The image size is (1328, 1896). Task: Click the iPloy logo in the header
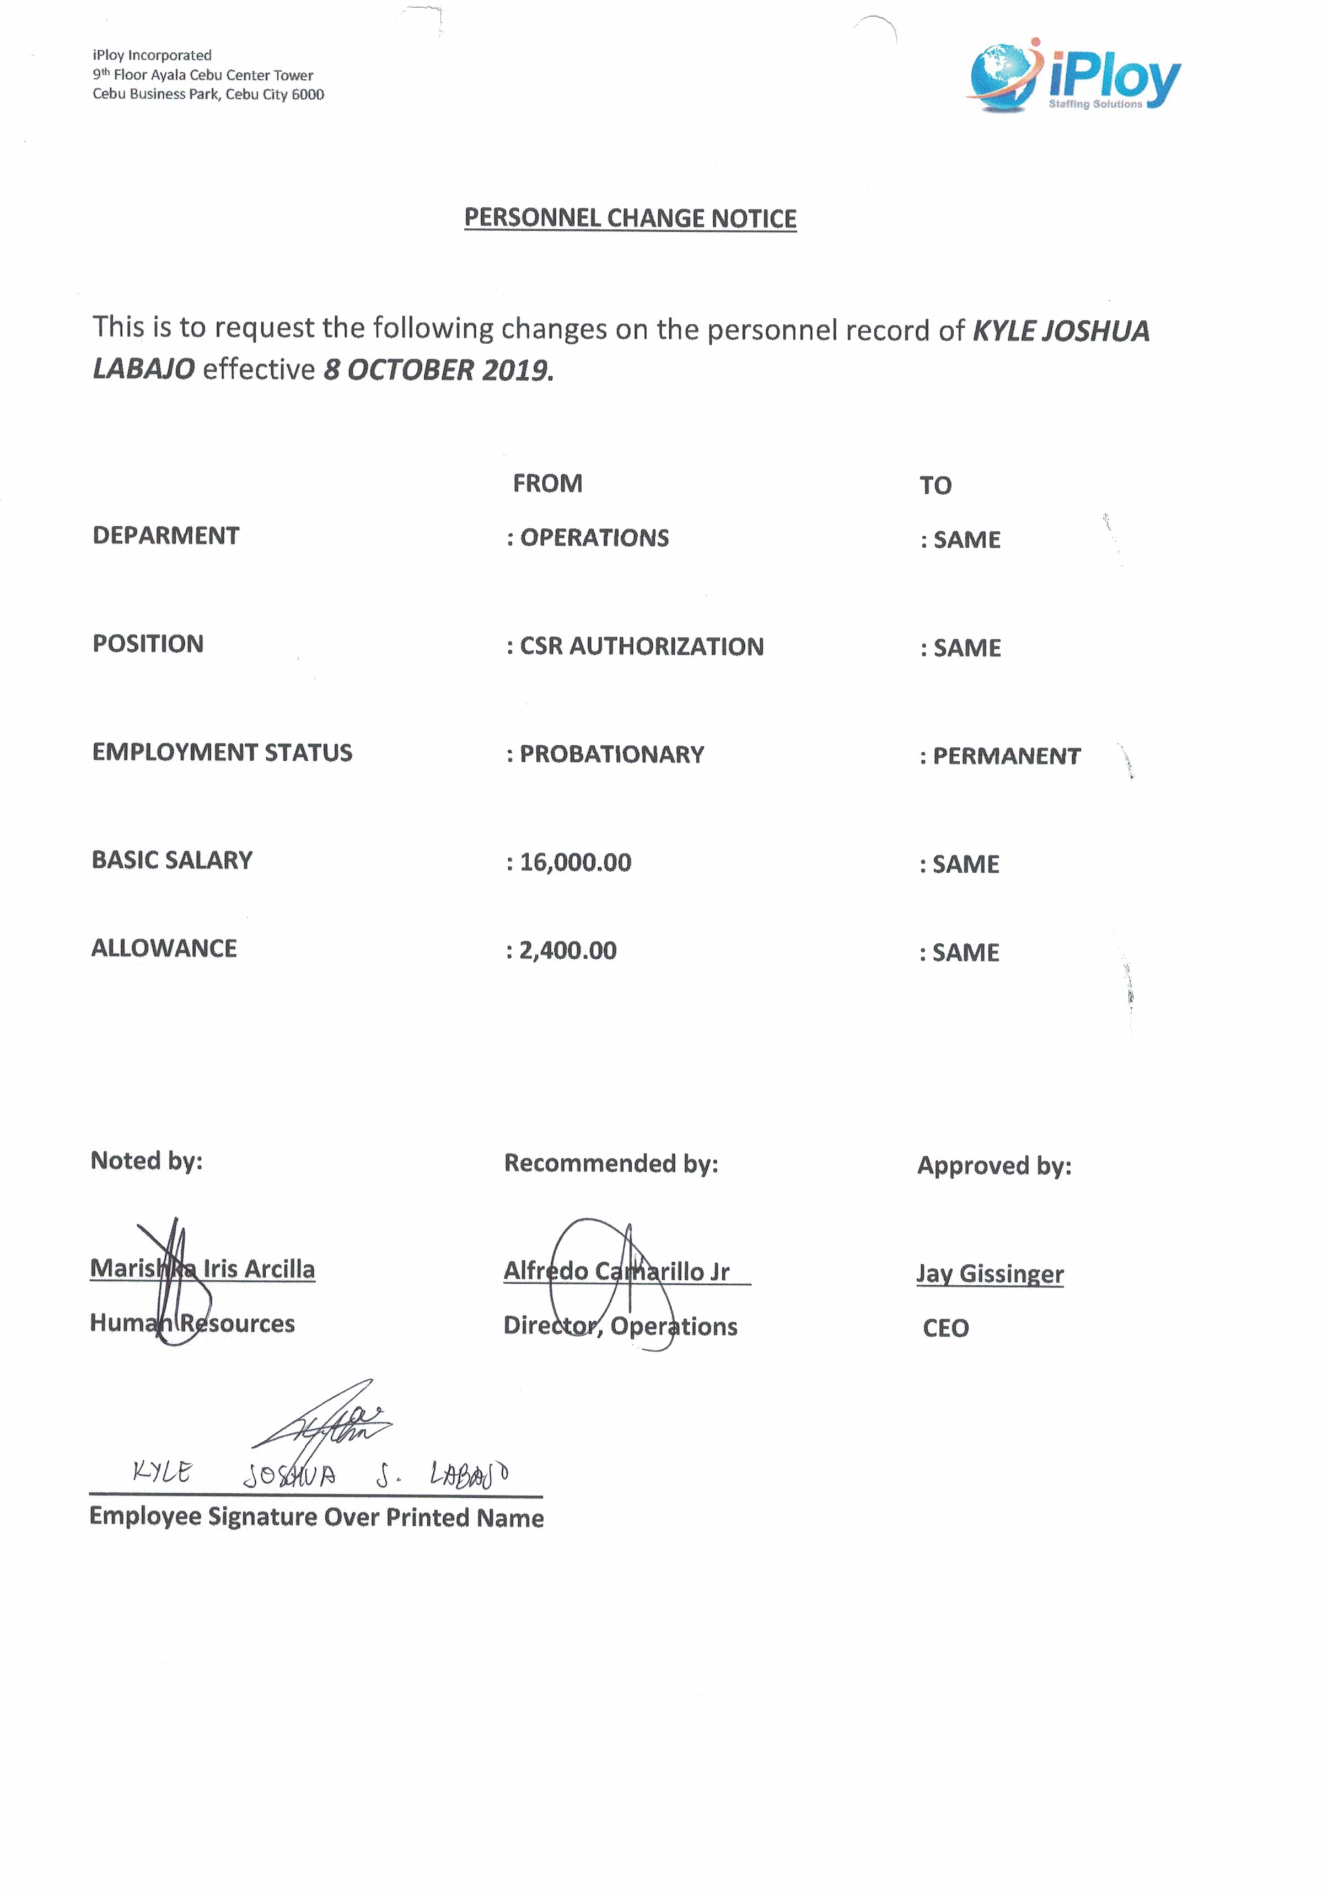coord(1074,77)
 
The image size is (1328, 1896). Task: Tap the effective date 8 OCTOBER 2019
coord(438,370)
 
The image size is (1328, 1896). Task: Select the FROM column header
coord(547,483)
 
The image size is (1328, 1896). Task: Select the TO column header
coord(935,485)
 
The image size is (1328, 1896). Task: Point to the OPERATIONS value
coord(594,538)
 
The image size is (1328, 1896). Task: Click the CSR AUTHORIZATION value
coord(641,647)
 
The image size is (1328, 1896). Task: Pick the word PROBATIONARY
coord(611,755)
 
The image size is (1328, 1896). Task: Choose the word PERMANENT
coord(1006,756)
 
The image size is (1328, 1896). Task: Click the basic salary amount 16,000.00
coord(576,863)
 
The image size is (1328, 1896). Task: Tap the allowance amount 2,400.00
coord(568,950)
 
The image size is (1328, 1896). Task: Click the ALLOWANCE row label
coord(164,948)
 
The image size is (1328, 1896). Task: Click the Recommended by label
coord(611,1163)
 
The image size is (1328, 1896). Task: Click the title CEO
coord(946,1328)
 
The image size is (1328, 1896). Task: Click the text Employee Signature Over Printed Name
coord(316,1517)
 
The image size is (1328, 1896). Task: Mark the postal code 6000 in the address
coord(308,95)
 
